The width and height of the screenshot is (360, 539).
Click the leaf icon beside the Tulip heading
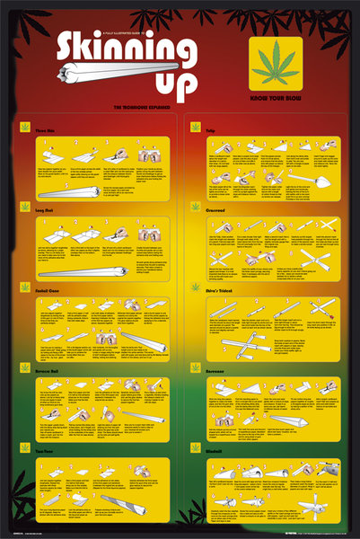196,129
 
